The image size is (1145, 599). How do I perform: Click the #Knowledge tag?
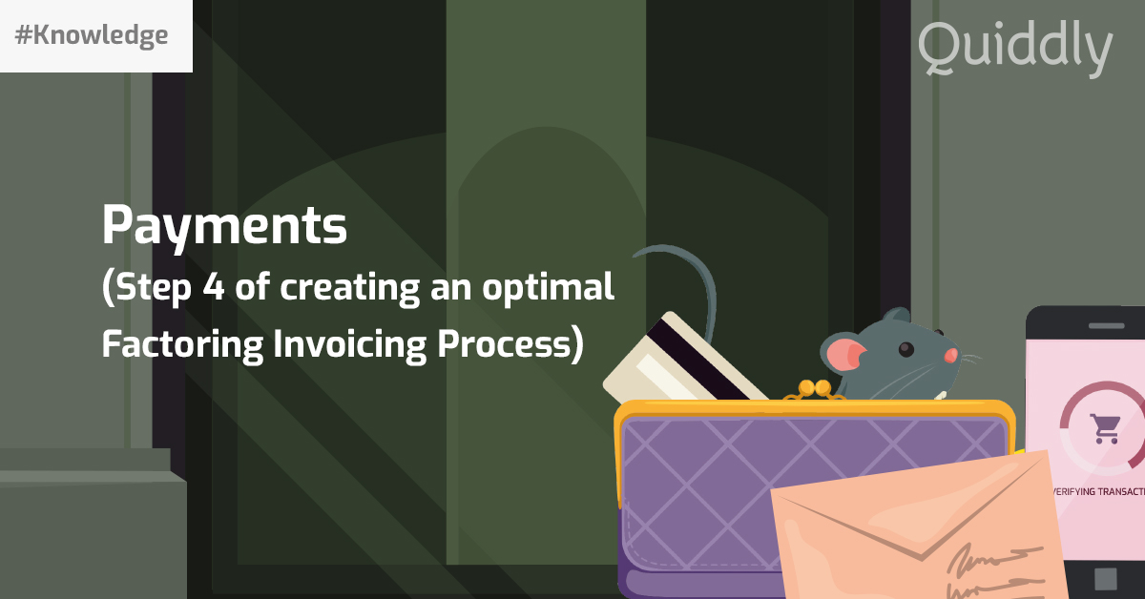point(93,36)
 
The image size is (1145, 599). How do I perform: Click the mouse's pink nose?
point(951,355)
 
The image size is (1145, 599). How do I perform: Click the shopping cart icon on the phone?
point(1106,428)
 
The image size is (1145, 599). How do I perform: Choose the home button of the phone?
point(1105,578)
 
